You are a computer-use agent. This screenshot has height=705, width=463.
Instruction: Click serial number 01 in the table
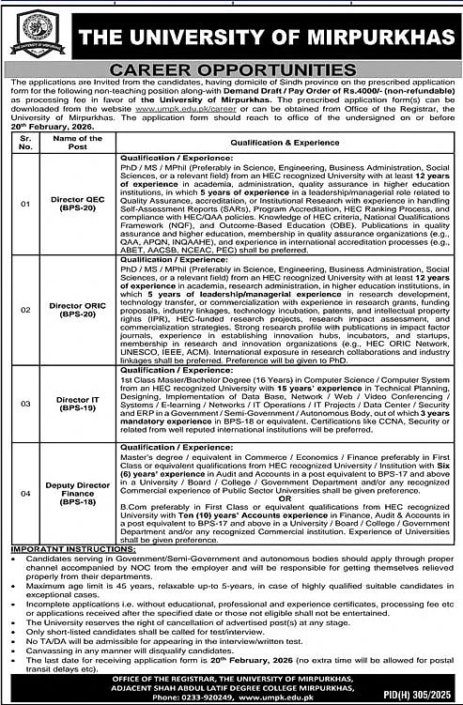[24, 201]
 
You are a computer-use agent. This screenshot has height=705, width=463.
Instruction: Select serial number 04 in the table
[24, 492]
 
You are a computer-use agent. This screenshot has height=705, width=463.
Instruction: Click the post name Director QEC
[77, 201]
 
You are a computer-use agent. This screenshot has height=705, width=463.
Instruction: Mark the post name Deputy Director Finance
[77, 492]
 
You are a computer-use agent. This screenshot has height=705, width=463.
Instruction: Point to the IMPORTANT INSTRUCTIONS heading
[57, 551]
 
